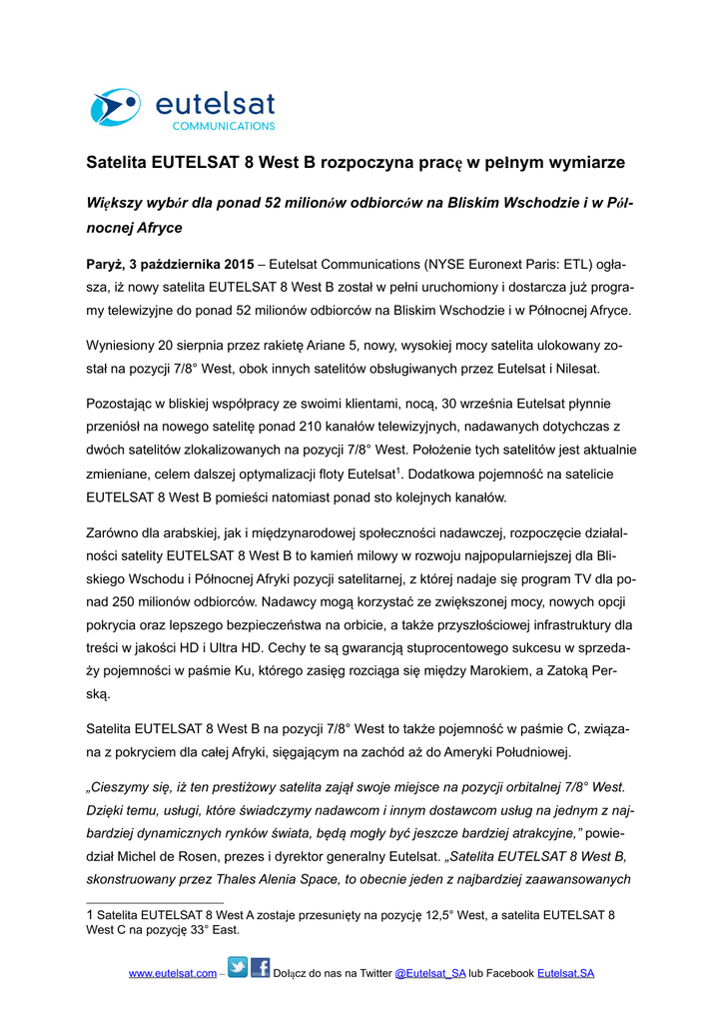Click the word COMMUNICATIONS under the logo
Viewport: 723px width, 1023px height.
click(224, 127)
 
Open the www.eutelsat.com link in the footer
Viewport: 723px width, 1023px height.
click(172, 974)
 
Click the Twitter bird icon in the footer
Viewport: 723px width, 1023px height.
click(238, 967)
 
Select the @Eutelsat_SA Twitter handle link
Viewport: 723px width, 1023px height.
click(430, 974)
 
